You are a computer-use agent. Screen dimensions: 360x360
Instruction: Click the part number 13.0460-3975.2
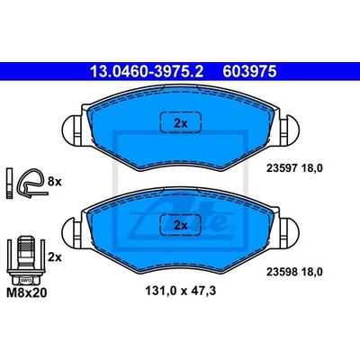click(x=147, y=72)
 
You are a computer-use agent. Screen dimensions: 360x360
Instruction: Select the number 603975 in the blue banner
click(x=249, y=72)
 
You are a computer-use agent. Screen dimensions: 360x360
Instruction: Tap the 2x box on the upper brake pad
click(x=181, y=122)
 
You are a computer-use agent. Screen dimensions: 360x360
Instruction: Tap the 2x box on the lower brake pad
click(x=181, y=225)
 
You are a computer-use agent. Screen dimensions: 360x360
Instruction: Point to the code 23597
click(x=282, y=168)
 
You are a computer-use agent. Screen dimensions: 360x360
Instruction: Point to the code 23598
click(x=282, y=272)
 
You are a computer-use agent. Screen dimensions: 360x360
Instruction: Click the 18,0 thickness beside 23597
click(x=311, y=168)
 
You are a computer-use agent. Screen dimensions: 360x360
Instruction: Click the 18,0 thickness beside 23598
click(x=311, y=272)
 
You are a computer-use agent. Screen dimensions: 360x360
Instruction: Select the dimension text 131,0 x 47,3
click(x=181, y=291)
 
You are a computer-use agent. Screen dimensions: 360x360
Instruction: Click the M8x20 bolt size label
click(x=27, y=292)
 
